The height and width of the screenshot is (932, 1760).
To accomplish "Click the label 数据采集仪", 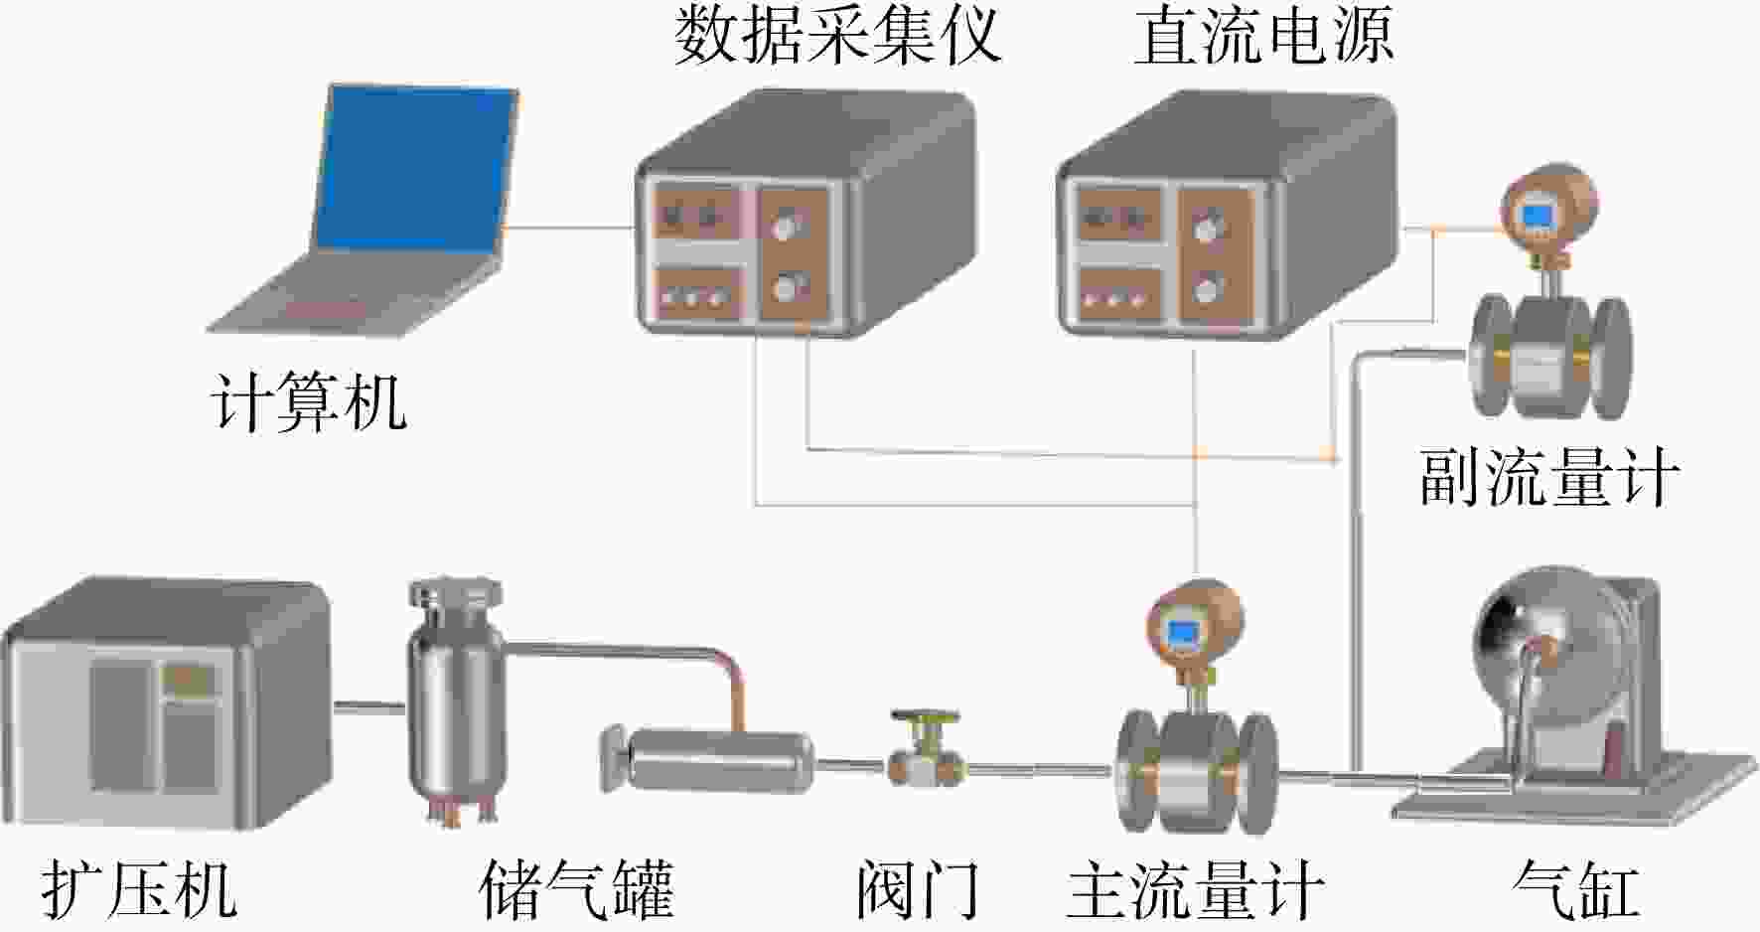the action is (x=837, y=37).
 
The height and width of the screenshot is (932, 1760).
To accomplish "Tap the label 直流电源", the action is (x=1264, y=37).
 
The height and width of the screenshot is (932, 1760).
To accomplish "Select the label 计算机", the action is (x=309, y=402).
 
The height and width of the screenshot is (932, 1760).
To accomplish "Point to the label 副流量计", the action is (x=1549, y=477).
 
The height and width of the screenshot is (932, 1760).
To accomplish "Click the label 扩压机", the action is (x=140, y=889).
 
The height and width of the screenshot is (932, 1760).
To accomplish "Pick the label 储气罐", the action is (x=576, y=889).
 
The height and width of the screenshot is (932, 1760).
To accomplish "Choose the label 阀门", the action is (x=918, y=889).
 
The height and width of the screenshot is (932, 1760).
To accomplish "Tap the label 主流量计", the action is (x=1196, y=889).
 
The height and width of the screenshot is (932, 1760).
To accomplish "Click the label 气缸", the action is (x=1575, y=889).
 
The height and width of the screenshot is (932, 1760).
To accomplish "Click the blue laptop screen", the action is (x=416, y=171).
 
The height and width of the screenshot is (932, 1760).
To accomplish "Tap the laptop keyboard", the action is (x=353, y=294).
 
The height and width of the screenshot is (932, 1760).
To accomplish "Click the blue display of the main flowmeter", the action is (x=1182, y=632).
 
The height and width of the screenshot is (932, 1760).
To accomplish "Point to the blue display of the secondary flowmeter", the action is (x=1539, y=215).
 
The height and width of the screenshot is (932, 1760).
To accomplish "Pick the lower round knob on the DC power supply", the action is (x=1207, y=290).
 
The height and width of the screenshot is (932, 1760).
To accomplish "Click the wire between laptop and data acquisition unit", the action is (x=570, y=228).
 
